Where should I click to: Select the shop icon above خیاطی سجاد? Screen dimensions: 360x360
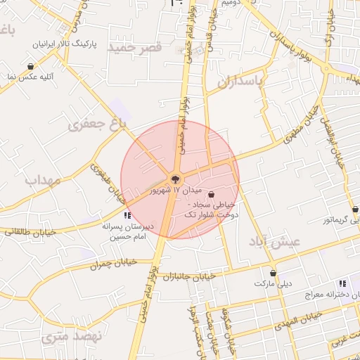pos(212,195)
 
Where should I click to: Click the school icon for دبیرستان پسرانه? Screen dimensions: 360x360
pos(127,215)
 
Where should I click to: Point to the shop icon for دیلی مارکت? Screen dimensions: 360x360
pos(273,273)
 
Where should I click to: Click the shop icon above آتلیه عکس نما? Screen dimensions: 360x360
pos(31,66)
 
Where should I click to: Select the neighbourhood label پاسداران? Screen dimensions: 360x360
pos(239,82)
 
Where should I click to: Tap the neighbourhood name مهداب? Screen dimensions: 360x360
pos(44,180)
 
